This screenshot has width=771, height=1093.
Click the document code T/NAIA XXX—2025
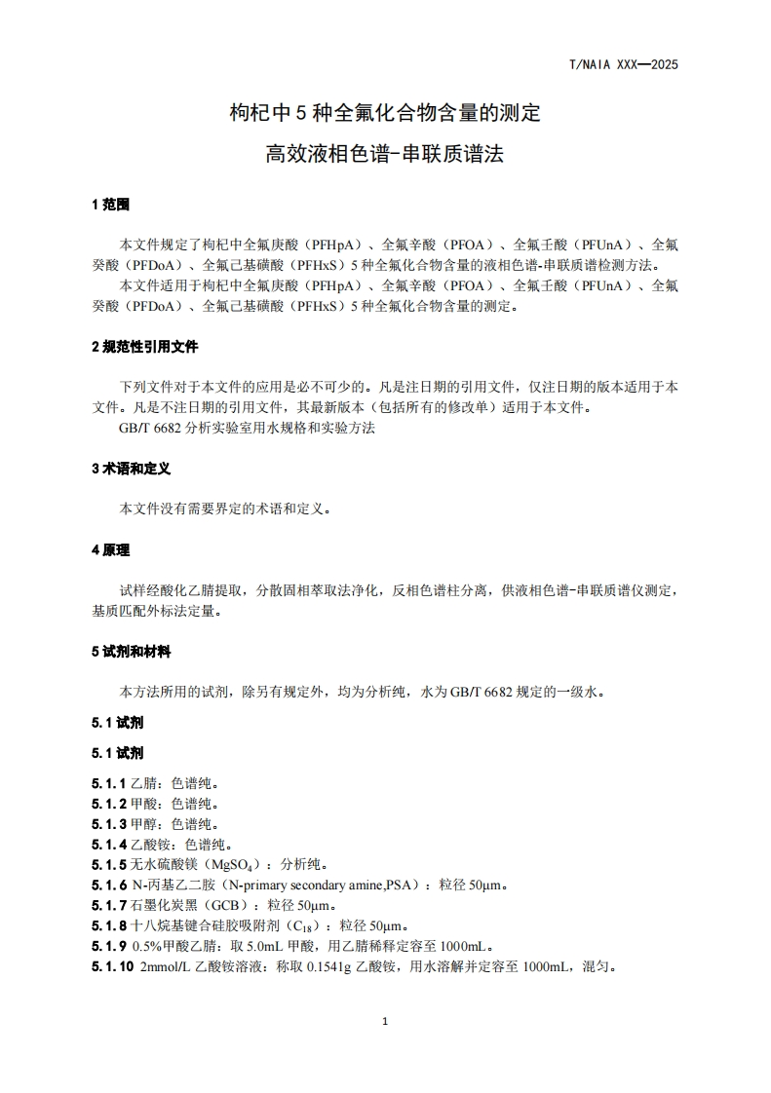tap(623, 65)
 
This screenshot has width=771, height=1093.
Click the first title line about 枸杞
tap(385, 114)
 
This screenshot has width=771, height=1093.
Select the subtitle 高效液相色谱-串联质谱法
tap(385, 153)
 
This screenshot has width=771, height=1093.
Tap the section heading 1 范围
tap(110, 206)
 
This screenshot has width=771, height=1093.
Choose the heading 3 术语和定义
tap(131, 469)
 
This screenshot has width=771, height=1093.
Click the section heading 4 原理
tap(110, 550)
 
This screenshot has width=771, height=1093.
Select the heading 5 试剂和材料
tap(131, 652)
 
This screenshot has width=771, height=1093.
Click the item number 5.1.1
tap(109, 782)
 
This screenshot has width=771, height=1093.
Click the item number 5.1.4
tap(109, 844)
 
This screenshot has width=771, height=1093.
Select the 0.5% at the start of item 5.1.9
tap(146, 946)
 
